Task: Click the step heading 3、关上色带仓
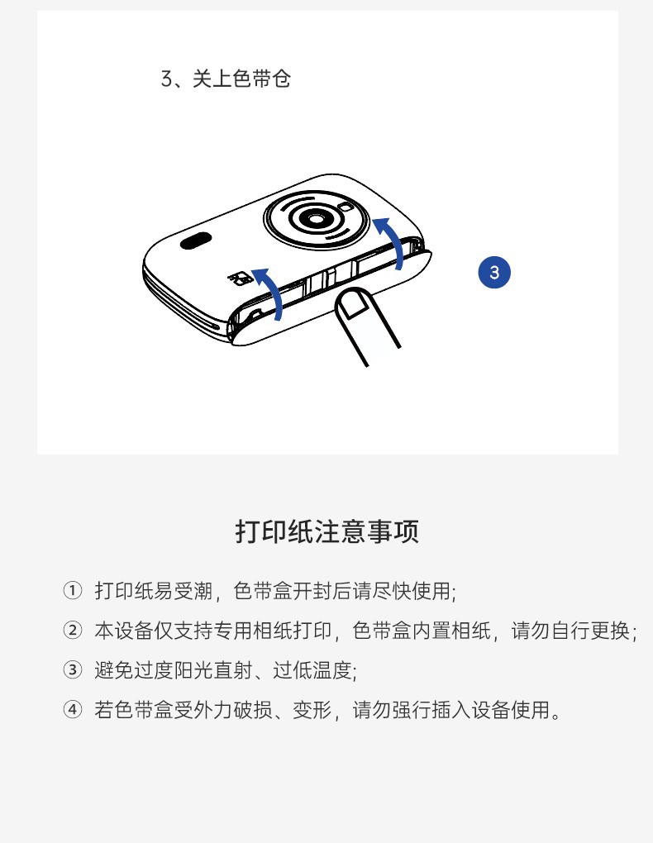click(x=226, y=79)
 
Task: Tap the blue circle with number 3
click(x=494, y=272)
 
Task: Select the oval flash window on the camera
click(x=196, y=241)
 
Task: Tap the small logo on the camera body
click(x=241, y=278)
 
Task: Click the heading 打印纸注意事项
click(x=327, y=531)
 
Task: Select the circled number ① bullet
click(x=73, y=590)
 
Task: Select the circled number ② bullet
click(x=73, y=630)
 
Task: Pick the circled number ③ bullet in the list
click(x=73, y=670)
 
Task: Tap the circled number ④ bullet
click(x=73, y=710)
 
